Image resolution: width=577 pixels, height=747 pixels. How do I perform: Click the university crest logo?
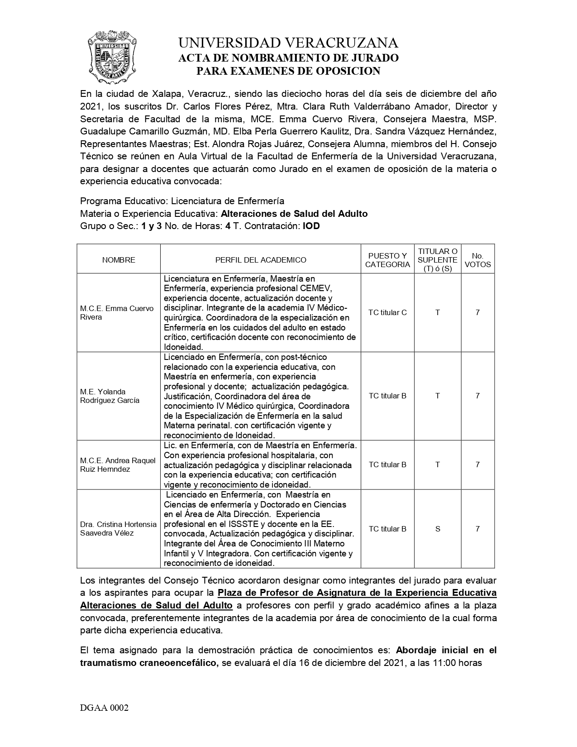[111, 57]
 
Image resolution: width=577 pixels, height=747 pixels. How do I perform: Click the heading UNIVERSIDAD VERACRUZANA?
[288, 43]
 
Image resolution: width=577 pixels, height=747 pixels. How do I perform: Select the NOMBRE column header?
[119, 260]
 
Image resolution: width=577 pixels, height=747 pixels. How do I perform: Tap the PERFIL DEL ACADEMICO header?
[261, 260]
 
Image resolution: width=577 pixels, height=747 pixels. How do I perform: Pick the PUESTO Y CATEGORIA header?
[387, 260]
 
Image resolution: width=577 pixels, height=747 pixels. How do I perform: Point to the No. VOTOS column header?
[477, 260]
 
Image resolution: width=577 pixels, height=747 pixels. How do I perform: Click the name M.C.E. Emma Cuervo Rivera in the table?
[117, 313]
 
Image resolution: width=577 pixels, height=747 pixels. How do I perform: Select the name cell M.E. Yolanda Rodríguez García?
[110, 396]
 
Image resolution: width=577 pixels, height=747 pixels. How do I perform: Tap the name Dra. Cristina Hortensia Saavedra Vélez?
[118, 529]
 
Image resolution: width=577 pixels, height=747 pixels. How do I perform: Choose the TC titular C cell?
[387, 312]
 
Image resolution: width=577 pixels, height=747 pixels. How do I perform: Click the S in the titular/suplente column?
[438, 529]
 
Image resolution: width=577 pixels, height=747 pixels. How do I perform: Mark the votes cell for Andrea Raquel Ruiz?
[477, 464]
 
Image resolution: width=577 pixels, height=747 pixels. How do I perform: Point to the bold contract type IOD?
[311, 226]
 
